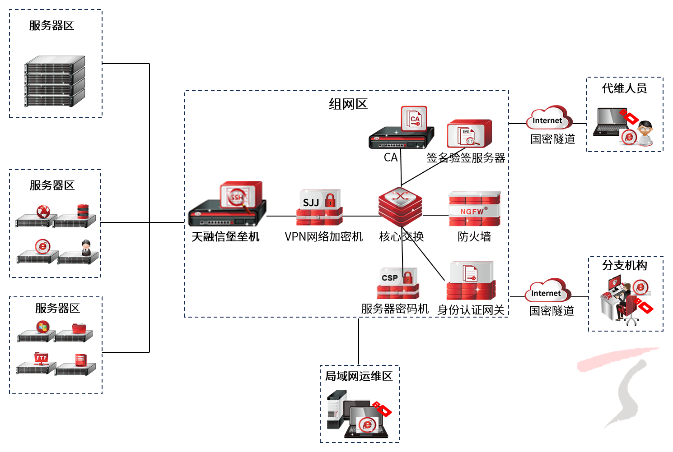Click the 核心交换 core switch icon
click(x=400, y=206)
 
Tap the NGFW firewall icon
click(x=474, y=209)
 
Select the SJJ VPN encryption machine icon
click(x=319, y=208)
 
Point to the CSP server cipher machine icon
click(x=398, y=284)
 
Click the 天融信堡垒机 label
click(x=225, y=237)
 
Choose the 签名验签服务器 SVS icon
click(x=469, y=134)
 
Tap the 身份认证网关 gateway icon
click(x=471, y=281)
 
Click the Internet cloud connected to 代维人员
click(x=548, y=119)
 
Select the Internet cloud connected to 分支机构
click(x=547, y=291)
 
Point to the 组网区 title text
click(x=348, y=104)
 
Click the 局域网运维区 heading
click(x=359, y=376)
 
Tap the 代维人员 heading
click(x=624, y=88)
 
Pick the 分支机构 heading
click(x=624, y=265)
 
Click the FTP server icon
click(x=41, y=358)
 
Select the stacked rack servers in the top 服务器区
click(x=55, y=81)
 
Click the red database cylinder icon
click(x=83, y=211)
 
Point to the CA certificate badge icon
click(x=414, y=119)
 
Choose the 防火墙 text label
click(x=474, y=237)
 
